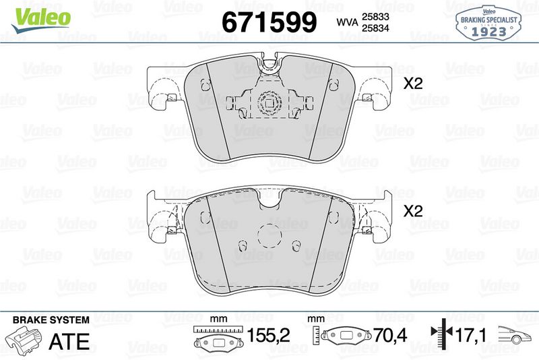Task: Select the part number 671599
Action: point(269,22)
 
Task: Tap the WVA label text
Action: point(346,23)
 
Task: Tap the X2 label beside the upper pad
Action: point(412,85)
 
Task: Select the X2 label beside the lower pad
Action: point(412,211)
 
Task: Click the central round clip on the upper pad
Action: point(269,104)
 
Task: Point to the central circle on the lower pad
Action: point(269,235)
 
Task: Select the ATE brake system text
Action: point(69,340)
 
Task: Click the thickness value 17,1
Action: point(471,335)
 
